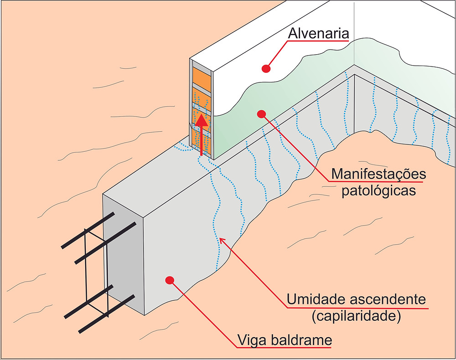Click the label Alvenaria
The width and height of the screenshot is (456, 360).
click(318, 33)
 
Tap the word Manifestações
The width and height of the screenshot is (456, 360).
click(378, 174)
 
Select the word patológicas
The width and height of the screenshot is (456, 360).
click(378, 191)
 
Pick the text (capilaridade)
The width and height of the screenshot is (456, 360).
click(356, 315)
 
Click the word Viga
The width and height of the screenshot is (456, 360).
click(252, 340)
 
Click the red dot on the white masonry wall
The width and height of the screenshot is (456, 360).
click(266, 68)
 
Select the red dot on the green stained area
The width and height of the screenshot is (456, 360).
click(261, 114)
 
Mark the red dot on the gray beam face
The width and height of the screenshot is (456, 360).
click(169, 280)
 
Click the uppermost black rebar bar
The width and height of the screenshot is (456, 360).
click(88, 231)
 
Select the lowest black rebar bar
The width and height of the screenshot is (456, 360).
click(107, 314)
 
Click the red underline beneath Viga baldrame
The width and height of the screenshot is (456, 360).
click(284, 348)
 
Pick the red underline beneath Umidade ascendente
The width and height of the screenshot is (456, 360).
click(358, 308)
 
